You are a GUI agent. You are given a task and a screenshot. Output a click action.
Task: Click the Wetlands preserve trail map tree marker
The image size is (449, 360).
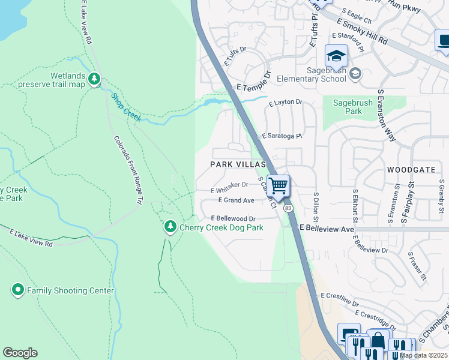pos(94,79)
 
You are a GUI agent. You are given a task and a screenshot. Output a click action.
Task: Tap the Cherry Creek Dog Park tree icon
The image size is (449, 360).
pos(170,227)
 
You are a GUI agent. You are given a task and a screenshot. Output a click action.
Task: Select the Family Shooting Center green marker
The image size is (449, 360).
pos(17,290)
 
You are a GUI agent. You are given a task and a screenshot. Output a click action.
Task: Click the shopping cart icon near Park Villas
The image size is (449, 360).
pos(279,185)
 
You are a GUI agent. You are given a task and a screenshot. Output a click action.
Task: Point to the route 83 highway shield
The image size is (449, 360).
pos(289,208)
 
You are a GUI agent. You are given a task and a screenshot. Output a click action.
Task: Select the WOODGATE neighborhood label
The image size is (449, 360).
pos(411,170)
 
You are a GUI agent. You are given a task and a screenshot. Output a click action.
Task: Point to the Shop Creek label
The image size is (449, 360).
pos(125,107)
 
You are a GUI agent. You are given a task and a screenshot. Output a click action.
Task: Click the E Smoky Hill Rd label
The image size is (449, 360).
pos(362,31)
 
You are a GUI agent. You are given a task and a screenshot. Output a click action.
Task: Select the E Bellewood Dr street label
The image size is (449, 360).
pos(233,219)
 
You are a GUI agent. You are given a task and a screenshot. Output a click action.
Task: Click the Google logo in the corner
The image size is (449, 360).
pos(20,353)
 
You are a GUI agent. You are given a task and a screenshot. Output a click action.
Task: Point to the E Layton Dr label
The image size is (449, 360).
pos(286,103)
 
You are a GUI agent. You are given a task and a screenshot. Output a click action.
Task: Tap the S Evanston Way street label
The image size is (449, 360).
pos(387,115)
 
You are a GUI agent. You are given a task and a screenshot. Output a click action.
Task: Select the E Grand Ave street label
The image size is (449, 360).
pos(236,200)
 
